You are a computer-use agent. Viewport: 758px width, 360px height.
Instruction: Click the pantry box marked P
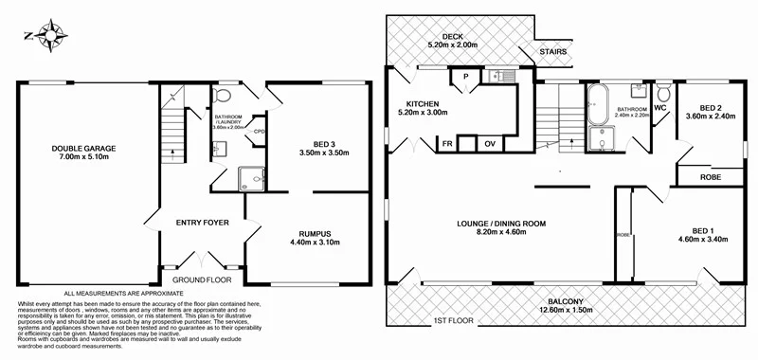465,77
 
